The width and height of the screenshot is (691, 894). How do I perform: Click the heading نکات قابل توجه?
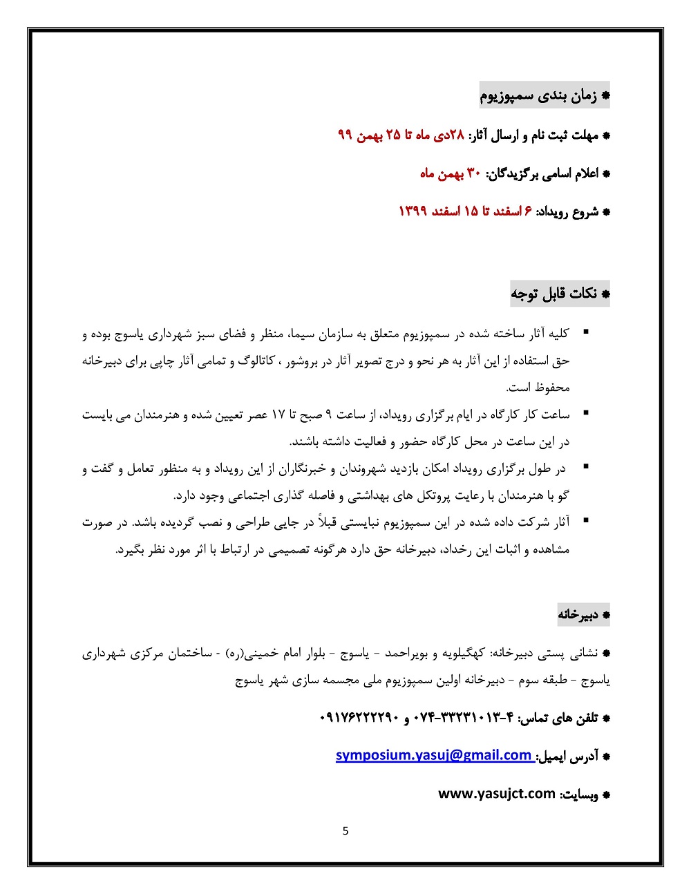(x=555, y=294)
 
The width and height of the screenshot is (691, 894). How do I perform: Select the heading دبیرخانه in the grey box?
(x=578, y=614)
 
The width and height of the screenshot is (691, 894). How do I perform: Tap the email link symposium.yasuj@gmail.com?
(x=433, y=755)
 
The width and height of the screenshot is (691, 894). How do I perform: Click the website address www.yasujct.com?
(x=497, y=793)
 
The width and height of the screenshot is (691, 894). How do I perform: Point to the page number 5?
(x=345, y=831)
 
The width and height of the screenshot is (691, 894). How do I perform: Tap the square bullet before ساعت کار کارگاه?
(x=586, y=413)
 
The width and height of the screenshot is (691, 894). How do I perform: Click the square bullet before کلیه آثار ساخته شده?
(x=586, y=333)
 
